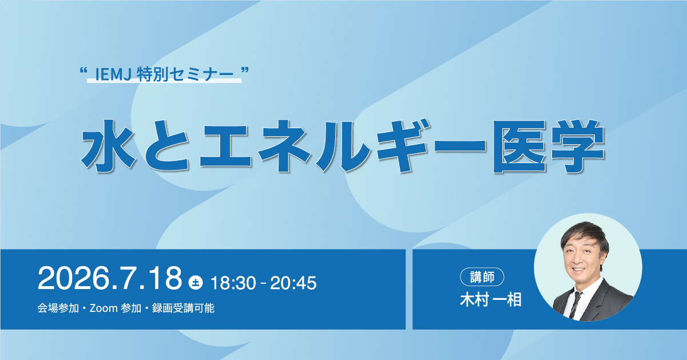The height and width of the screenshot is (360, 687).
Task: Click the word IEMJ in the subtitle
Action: click(113, 74)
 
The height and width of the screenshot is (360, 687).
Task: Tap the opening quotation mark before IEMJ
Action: click(83, 71)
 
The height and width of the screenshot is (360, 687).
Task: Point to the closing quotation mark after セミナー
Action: click(244, 71)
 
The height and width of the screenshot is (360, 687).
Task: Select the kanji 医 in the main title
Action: click(519, 146)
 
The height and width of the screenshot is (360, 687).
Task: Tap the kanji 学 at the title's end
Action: click(578, 146)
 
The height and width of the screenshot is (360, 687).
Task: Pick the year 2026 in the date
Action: click(73, 279)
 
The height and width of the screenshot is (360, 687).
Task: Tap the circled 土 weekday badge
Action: click(196, 283)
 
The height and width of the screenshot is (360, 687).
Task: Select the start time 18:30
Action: click(233, 283)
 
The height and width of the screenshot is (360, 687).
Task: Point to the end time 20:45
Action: click(293, 283)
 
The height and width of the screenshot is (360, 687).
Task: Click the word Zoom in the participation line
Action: click(104, 308)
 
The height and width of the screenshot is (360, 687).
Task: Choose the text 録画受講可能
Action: click(183, 308)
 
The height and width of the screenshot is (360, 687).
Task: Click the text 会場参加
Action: click(58, 308)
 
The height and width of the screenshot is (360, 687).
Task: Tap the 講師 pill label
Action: click(482, 277)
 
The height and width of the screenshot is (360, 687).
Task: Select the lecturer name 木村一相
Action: click(490, 300)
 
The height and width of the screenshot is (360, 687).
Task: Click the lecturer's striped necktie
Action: click(575, 304)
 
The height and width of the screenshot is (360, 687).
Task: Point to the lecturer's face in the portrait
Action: click(579, 257)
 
